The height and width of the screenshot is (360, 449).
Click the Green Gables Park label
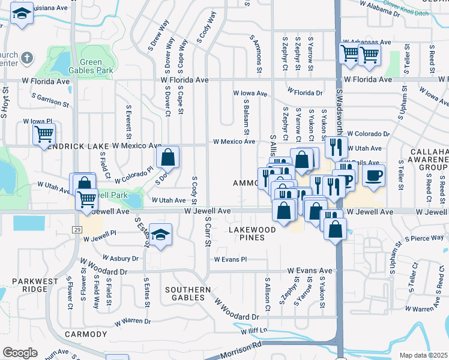[x=97, y=66]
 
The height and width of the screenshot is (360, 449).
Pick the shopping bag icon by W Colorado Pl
[x=169, y=158]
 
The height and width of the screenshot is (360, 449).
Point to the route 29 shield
[x=77, y=229]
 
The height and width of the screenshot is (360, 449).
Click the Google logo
[x=20, y=352]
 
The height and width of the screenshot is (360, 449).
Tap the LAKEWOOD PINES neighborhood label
[x=252, y=234]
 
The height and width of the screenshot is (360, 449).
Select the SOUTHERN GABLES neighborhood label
[x=188, y=293]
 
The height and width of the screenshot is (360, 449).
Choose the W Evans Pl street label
[x=230, y=259]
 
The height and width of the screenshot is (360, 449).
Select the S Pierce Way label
[x=424, y=238]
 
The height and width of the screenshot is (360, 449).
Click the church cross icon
[x=26, y=58]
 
